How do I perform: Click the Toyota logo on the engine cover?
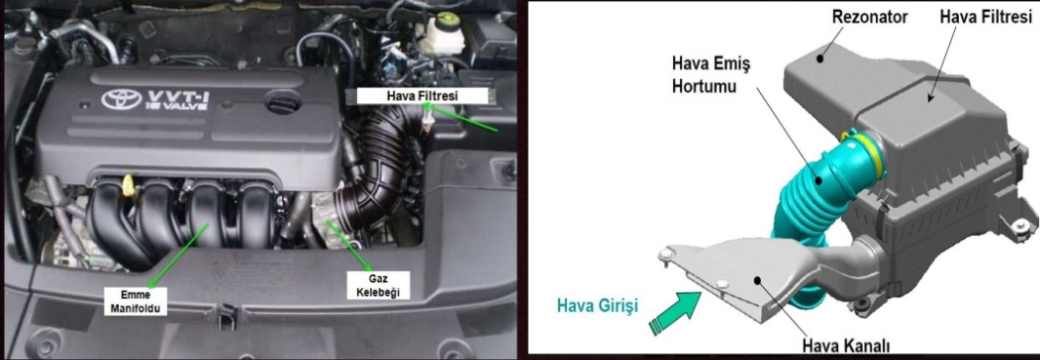121,100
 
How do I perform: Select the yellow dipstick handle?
129,186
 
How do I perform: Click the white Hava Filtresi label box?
422,96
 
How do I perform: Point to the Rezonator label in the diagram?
869,18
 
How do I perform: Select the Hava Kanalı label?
846,345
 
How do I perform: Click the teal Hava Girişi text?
597,306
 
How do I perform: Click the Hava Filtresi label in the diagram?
986,18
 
